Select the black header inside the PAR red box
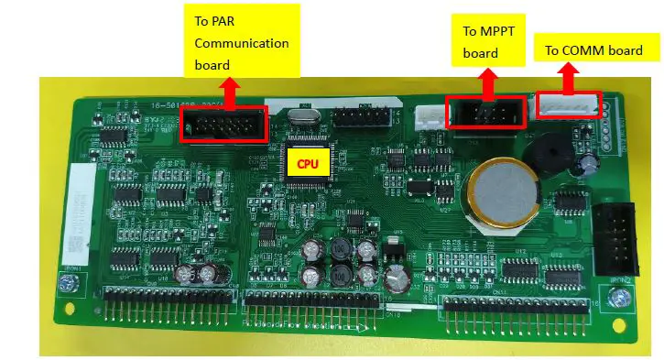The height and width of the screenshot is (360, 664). (x=223, y=124)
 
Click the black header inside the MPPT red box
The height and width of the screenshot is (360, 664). (x=484, y=114)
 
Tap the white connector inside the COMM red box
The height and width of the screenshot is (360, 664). (x=568, y=104)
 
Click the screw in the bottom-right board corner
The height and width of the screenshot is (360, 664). (x=621, y=296)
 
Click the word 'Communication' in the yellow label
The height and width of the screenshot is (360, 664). (x=242, y=43)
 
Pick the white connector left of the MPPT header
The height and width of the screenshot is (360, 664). (x=427, y=116)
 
